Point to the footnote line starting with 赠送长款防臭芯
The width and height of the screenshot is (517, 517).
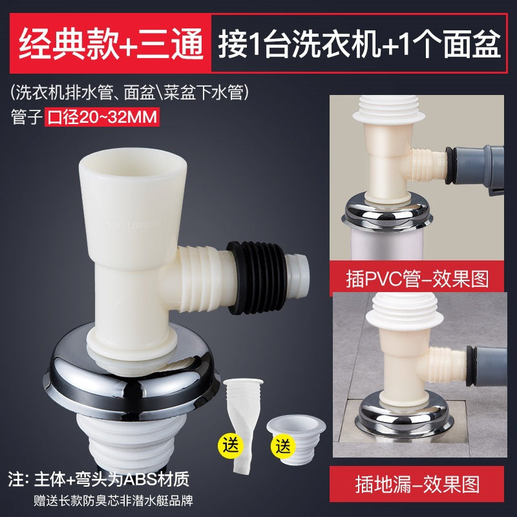114,500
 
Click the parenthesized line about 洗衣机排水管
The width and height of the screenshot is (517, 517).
130,93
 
